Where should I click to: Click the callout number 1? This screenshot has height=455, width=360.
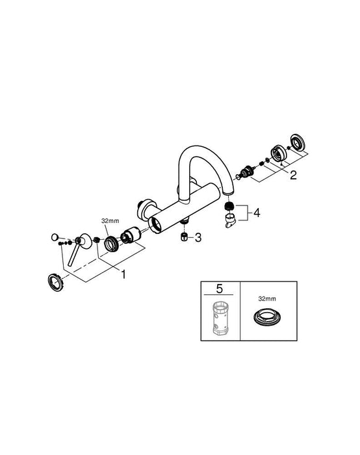pos(123,274)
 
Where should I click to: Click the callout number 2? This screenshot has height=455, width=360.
pos(294,174)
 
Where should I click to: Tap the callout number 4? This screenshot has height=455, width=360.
pos(257,212)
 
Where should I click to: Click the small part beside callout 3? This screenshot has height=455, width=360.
pos(184,238)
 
